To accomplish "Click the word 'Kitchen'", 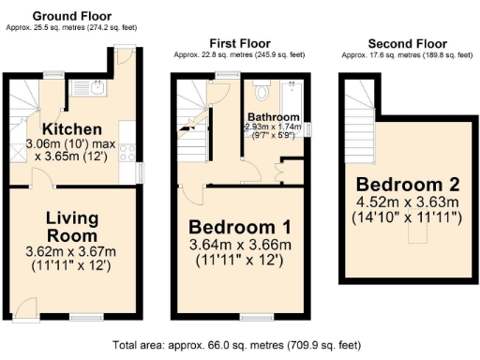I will [72, 128].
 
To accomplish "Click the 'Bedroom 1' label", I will [240, 227].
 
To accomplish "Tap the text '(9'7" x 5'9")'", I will [272, 135].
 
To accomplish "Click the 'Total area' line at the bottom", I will [240, 344].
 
